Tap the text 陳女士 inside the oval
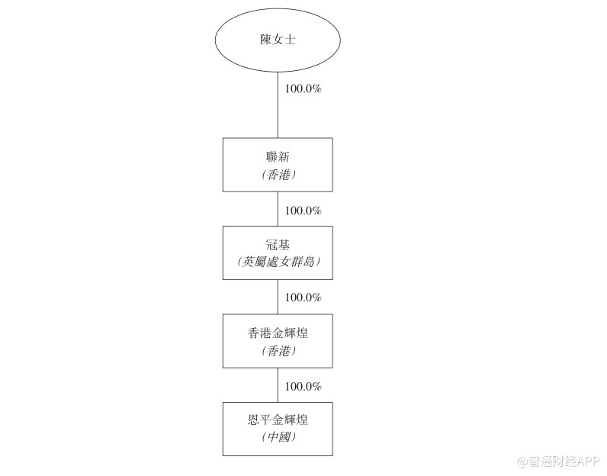(x=278, y=39)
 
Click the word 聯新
(x=278, y=156)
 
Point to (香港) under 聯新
(x=278, y=175)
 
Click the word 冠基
(x=278, y=245)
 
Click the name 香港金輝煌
(x=278, y=333)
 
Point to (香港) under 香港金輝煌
(x=278, y=351)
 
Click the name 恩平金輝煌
(x=278, y=420)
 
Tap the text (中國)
(x=278, y=439)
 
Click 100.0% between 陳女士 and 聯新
(x=303, y=88)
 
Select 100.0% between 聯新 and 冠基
(x=303, y=211)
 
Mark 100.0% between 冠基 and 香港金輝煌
(x=303, y=297)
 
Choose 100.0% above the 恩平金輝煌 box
(x=303, y=386)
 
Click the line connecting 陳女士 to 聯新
(x=278, y=107)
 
